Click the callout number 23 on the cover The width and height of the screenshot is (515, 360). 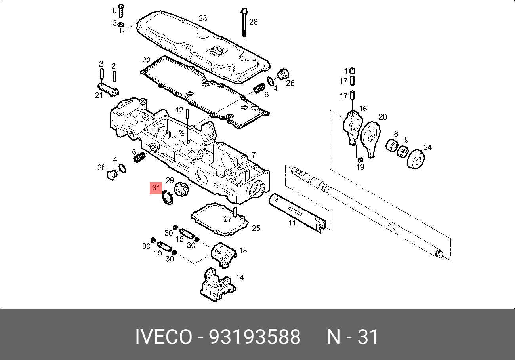point(203,18)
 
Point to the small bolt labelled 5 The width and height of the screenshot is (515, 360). point(121,11)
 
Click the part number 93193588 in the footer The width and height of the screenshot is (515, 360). point(254,337)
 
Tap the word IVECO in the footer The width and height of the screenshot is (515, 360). point(163,337)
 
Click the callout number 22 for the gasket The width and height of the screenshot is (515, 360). point(147,61)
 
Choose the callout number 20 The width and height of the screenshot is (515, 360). point(382,117)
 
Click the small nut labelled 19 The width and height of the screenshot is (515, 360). point(360,160)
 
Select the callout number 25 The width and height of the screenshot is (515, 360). point(256,228)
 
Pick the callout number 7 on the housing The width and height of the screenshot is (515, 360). point(254,155)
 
